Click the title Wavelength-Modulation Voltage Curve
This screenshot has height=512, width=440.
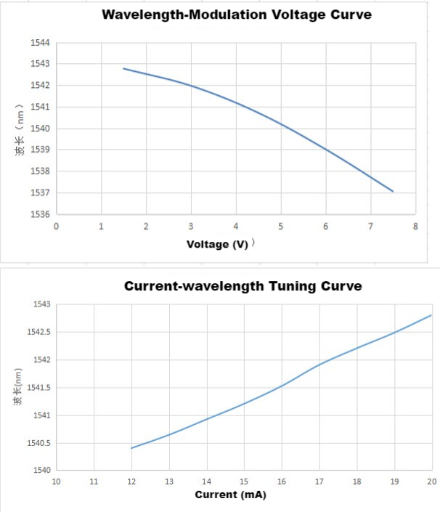coord(237,15)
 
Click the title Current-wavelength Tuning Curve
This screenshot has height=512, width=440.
coord(243,286)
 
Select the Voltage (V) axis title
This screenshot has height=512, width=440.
coord(218,244)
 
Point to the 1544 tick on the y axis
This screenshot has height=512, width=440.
coord(40,43)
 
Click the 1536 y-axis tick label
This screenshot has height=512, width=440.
coord(40,214)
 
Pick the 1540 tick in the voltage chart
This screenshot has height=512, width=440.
coord(40,129)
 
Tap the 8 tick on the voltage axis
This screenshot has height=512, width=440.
coord(415,226)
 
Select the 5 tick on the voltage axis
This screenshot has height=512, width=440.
coord(280,226)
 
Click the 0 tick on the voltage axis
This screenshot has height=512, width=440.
coord(56,226)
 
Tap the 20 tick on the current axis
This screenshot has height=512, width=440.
coord(431,481)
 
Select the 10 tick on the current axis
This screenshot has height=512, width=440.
coord(56,481)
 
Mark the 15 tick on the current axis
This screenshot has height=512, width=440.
coord(244,481)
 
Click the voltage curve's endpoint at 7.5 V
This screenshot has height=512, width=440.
coord(393,192)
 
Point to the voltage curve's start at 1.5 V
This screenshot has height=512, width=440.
coord(123,68)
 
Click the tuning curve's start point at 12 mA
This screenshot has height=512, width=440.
coord(131,448)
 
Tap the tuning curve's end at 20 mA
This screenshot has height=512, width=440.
coord(431,315)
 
